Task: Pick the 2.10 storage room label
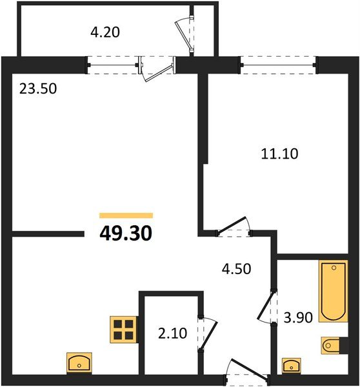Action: tap(171, 334)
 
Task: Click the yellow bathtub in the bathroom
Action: tap(334, 291)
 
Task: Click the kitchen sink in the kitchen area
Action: tap(80, 362)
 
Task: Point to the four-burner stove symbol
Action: tap(124, 329)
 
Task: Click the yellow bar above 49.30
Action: tap(126, 215)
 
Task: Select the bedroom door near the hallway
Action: tap(233, 226)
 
